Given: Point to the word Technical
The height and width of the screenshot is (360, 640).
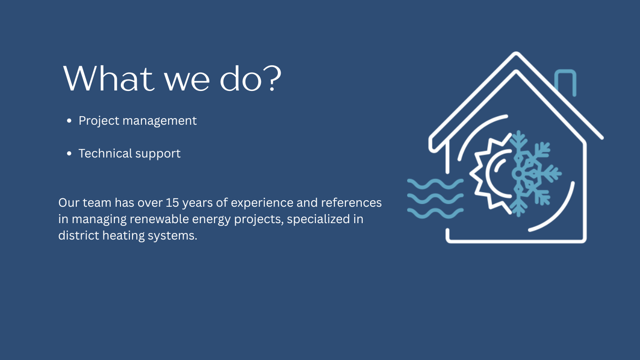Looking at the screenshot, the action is (x=105, y=153).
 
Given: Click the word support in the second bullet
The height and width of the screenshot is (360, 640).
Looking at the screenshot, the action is (x=158, y=154).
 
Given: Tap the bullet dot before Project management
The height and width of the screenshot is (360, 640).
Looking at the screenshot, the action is (x=69, y=121).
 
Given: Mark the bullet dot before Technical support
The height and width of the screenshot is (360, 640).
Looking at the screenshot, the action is (x=69, y=154).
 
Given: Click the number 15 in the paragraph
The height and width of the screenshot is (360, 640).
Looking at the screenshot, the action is (x=172, y=202).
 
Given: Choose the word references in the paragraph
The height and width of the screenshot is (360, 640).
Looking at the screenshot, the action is (x=351, y=202).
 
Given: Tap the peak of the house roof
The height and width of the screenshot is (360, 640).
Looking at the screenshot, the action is (x=516, y=53).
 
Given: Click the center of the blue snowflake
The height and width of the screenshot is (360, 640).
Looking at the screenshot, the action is (x=518, y=173).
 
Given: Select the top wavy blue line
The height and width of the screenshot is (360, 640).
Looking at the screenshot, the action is (x=435, y=184).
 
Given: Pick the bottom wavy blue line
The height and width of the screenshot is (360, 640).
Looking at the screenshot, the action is (x=435, y=213).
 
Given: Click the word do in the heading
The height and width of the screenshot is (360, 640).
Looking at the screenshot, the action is (x=241, y=78).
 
